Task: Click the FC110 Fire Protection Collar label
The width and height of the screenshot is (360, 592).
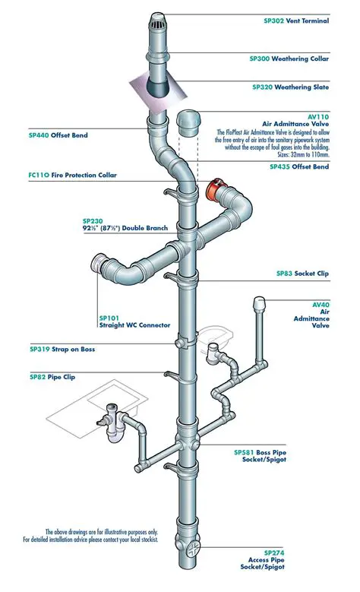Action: pos(73,176)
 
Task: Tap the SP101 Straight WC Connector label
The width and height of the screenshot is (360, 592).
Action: pos(134,324)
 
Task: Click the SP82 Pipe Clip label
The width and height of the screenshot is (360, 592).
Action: pos(52,376)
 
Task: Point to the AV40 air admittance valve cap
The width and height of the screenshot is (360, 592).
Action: pos(257,304)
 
